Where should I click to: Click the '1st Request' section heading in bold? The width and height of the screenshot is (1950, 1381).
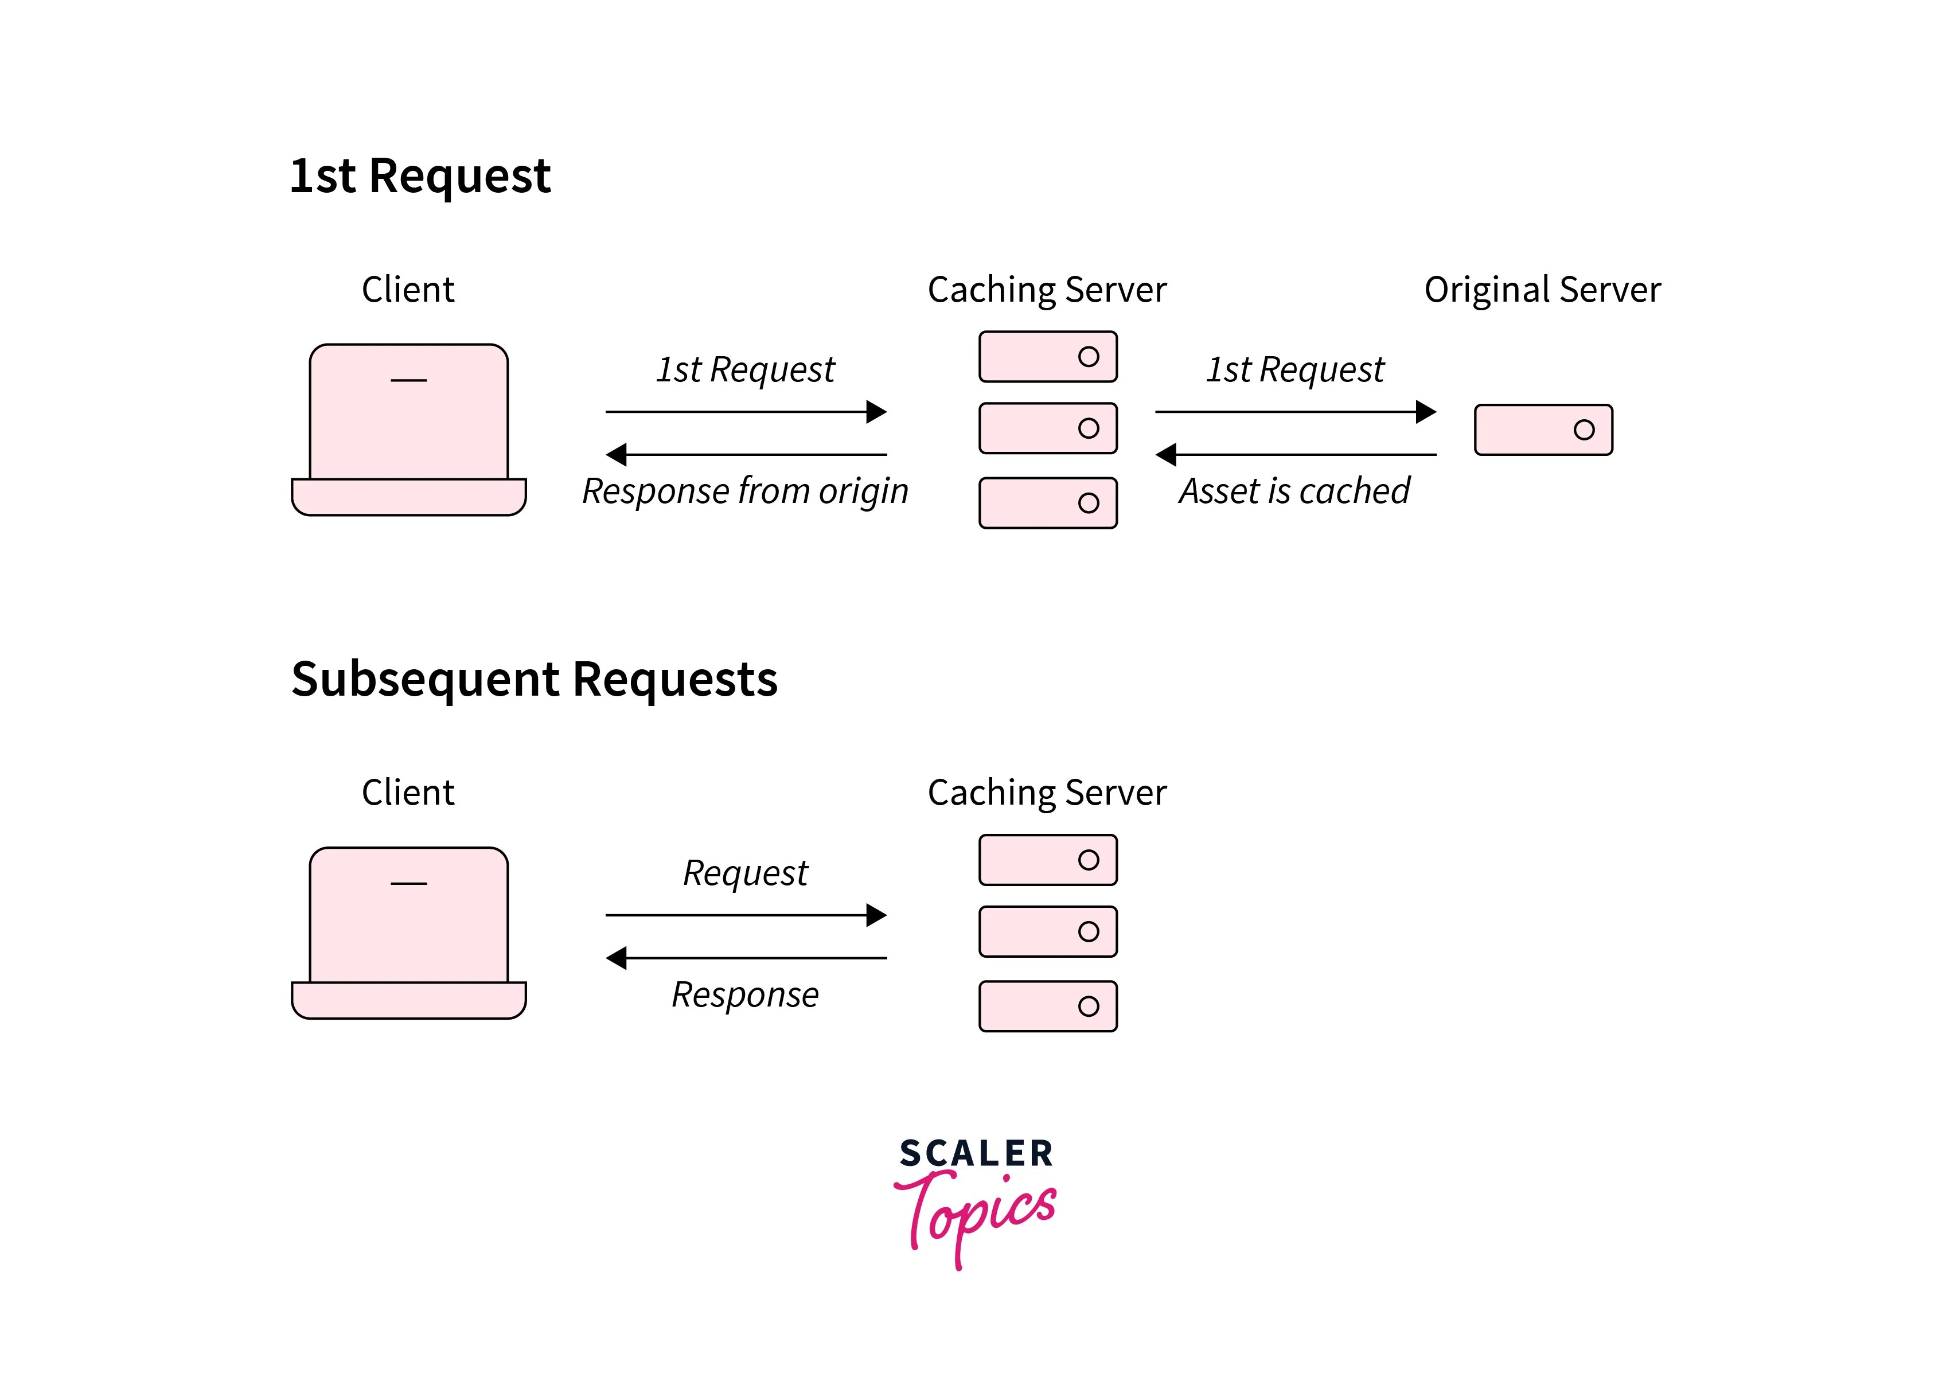[x=420, y=176]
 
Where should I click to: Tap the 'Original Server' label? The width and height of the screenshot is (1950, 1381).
[x=1542, y=290]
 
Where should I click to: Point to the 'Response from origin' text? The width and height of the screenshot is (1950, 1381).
[x=745, y=491]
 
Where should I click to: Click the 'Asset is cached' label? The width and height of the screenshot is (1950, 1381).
[x=1293, y=491]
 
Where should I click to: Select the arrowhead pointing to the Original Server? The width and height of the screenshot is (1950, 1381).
[x=1426, y=412]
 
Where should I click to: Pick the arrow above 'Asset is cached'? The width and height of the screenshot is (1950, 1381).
[x=1295, y=455]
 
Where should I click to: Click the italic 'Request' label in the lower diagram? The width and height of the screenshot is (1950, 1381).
[x=745, y=873]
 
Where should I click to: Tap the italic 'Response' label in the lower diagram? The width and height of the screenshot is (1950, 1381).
[x=745, y=995]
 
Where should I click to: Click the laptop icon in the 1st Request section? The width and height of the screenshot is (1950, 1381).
[x=408, y=430]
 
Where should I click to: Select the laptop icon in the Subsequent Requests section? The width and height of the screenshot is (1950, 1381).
[x=408, y=933]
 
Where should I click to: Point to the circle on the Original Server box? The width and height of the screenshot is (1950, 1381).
[x=1584, y=430]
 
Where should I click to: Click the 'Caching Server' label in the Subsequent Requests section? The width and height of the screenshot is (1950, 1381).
[x=1047, y=793]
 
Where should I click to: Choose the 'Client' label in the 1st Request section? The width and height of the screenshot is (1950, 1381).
[x=408, y=290]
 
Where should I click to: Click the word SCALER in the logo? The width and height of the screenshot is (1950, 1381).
[x=976, y=1154]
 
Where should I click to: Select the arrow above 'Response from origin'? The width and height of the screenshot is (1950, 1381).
[x=746, y=455]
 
